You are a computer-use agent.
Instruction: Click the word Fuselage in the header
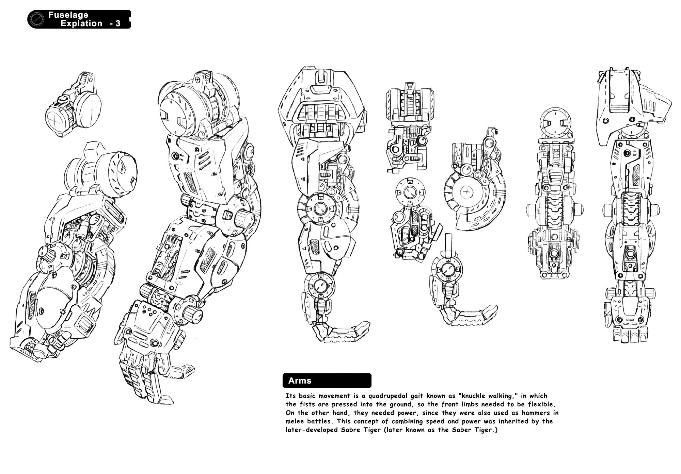68,15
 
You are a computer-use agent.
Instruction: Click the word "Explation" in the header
81,23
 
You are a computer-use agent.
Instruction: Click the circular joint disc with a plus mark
465,192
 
